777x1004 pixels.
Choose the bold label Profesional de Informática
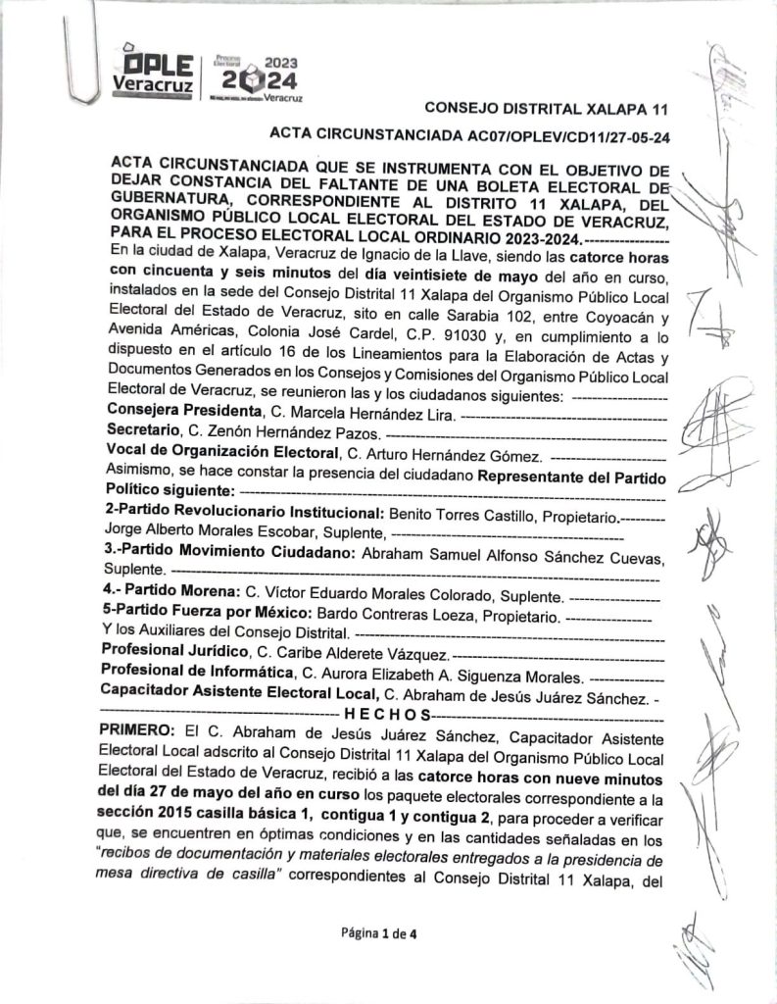coord(197,676)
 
